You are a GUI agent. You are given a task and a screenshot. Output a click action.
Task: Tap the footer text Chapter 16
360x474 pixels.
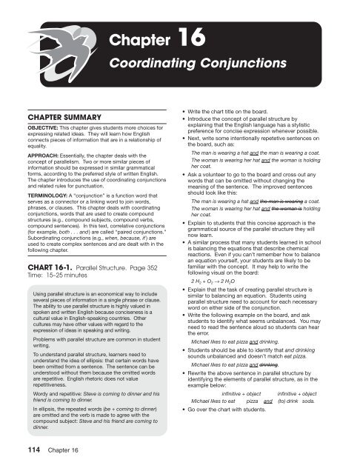coord(62,455)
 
